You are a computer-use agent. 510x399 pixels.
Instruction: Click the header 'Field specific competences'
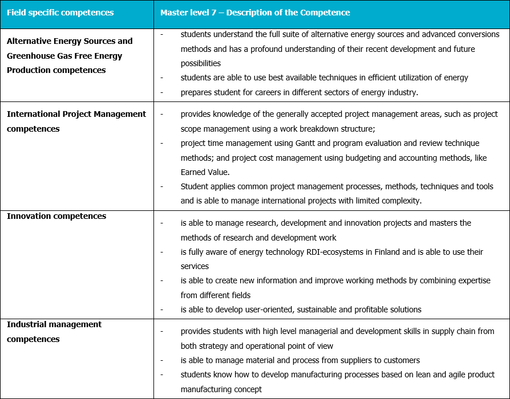click(x=60, y=13)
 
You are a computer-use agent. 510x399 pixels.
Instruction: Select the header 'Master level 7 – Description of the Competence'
click(x=255, y=13)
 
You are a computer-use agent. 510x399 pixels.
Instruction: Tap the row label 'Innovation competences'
click(x=56, y=216)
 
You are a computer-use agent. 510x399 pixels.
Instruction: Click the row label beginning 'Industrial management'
click(x=54, y=324)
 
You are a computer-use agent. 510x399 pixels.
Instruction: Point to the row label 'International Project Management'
click(x=76, y=114)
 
